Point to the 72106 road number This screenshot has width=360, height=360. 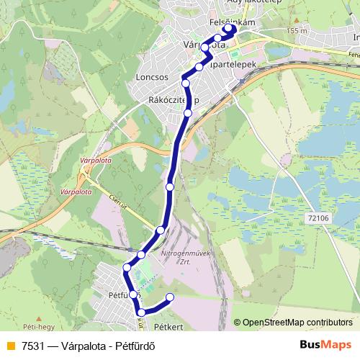pyautogui.click(x=318, y=216)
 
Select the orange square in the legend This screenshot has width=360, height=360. pyautogui.click(x=9, y=344)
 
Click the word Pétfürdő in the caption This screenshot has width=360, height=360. pyautogui.click(x=134, y=344)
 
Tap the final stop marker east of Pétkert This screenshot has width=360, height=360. pyautogui.click(x=171, y=297)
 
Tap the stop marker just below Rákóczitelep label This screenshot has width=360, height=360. pyautogui.click(x=188, y=113)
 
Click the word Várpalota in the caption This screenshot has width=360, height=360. pyautogui.click(x=83, y=344)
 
